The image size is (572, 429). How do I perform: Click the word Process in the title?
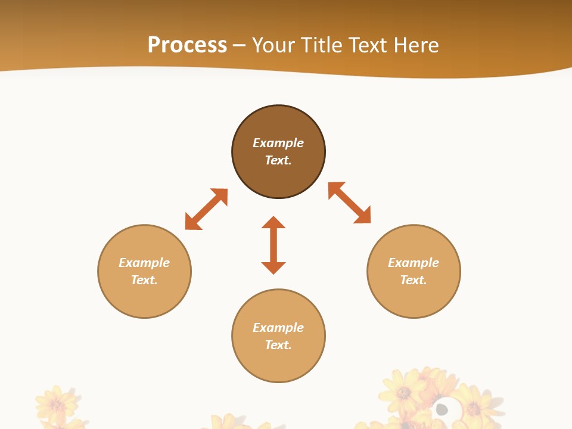pos(187,45)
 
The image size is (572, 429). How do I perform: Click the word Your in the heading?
pos(276,45)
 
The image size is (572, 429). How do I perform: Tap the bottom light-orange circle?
pos(278,363)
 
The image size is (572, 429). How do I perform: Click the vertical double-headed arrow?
pos(273,245)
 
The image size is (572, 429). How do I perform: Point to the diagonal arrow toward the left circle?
pos(206,209)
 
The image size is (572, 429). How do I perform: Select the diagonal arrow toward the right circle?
pos(349,203)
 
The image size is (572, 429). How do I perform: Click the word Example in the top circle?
pos(278,143)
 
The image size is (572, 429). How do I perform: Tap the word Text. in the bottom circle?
pos(278,345)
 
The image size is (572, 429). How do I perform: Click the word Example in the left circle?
pos(144,263)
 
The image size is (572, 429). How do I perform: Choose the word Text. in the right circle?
pos(414,280)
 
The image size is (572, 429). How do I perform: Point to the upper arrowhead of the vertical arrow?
pos(273,223)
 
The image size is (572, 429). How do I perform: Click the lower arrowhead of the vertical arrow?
pos(273,268)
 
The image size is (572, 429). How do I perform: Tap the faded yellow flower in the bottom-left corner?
pos(57,405)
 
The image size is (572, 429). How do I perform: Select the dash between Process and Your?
pos(239,46)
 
